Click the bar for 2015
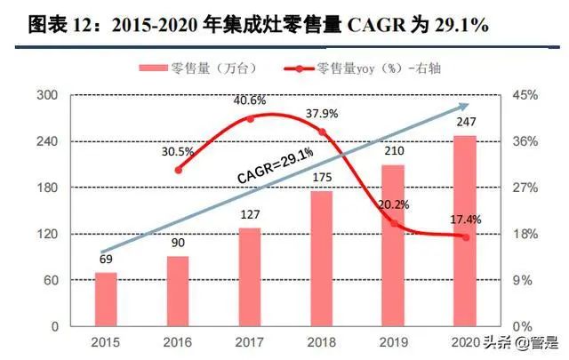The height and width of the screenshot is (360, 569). [107, 299]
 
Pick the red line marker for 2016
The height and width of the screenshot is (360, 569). [179, 170]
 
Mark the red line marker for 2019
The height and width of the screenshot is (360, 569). [394, 223]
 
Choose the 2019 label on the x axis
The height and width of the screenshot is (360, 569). [393, 341]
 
